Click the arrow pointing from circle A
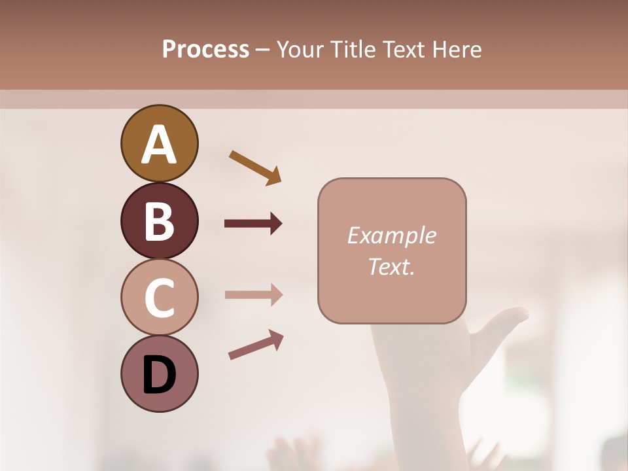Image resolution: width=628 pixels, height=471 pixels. [255, 167]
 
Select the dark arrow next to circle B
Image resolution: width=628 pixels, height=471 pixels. [253, 224]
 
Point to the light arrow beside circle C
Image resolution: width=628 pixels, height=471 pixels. [253, 294]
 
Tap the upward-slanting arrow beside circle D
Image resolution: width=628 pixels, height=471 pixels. [256, 345]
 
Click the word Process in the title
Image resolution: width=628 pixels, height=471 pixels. [205, 49]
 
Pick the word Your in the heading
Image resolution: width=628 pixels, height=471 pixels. [300, 49]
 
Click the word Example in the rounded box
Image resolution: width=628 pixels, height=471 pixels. [391, 235]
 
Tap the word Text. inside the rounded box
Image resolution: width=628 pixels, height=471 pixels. [391, 266]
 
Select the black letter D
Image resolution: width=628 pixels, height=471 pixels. [159, 375]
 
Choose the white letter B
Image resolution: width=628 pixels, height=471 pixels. [159, 221]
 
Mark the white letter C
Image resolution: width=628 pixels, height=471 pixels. [159, 298]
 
